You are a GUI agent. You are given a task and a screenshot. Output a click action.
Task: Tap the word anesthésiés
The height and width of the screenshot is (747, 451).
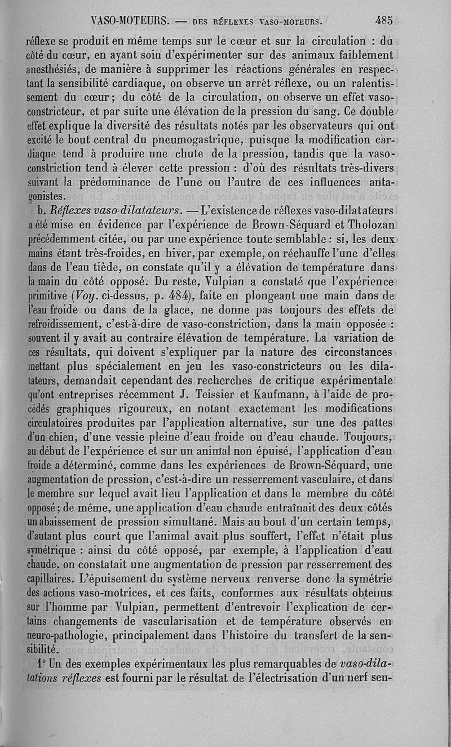pyautogui.click(x=56, y=70)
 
